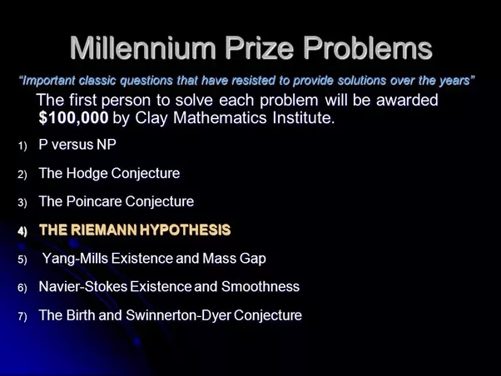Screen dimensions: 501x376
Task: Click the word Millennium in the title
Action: (143, 48)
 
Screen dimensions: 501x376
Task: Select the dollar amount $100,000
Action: (73, 118)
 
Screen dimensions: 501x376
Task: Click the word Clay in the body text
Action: (151, 118)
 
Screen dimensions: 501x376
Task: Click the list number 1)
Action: (22, 146)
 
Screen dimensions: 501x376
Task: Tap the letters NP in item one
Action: (107, 145)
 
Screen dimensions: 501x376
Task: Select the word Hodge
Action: (87, 174)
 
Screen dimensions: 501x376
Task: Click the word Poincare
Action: (94, 201)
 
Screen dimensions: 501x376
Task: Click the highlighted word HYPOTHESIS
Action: (185, 230)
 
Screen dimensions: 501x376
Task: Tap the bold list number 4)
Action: (22, 231)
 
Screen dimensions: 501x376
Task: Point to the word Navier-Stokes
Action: (83, 286)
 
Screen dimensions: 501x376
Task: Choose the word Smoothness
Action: (260, 286)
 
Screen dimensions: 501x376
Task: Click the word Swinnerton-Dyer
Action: (178, 315)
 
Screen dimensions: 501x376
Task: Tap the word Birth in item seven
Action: (81, 315)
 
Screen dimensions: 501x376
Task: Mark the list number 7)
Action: (22, 317)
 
